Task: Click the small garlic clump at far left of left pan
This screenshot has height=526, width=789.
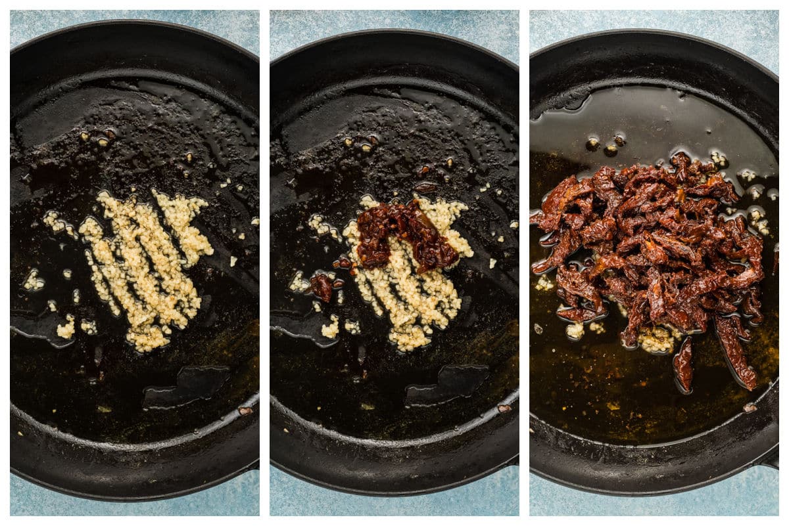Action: pyautogui.click(x=33, y=282)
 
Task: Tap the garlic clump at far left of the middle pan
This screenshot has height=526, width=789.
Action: pyautogui.click(x=299, y=282)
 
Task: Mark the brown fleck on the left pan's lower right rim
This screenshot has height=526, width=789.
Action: pyautogui.click(x=245, y=410)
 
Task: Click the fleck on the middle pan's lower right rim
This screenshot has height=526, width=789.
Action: pyautogui.click(x=504, y=408)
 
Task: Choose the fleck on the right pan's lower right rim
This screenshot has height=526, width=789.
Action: pyautogui.click(x=750, y=407)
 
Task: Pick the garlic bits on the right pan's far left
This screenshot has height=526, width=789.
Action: pyautogui.click(x=544, y=283)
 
